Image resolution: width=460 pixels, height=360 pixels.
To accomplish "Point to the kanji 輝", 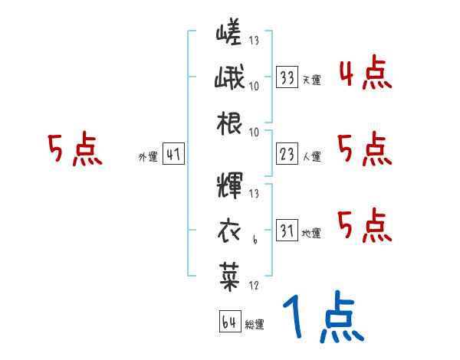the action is (x=229, y=185).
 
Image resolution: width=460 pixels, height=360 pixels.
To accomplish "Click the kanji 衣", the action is (x=229, y=228).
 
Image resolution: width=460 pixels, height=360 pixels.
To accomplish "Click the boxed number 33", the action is (x=287, y=78).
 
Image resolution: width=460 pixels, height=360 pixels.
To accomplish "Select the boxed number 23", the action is (x=287, y=155).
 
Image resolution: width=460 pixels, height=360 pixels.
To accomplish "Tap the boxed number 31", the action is (x=287, y=229).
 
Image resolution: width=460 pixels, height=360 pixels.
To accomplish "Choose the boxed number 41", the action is (x=173, y=155).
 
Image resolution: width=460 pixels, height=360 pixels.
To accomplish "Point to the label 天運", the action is (x=311, y=80).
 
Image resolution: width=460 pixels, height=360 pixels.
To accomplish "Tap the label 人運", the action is (x=311, y=157).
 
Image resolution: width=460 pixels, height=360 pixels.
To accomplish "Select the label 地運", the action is (x=311, y=232).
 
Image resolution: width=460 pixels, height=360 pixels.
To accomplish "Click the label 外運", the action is (x=148, y=158).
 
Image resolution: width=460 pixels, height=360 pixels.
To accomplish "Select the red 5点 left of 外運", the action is (x=74, y=149).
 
